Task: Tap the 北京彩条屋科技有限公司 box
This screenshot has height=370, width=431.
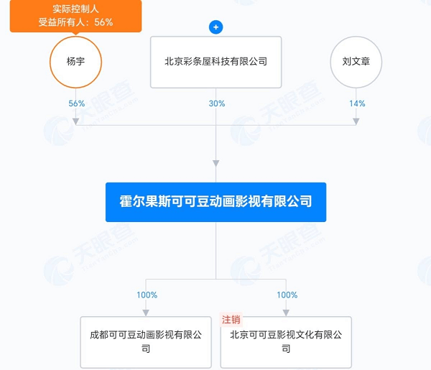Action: coord(215,62)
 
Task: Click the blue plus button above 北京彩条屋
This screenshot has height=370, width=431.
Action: coord(215,27)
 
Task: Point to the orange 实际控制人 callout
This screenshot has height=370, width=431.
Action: coord(75,17)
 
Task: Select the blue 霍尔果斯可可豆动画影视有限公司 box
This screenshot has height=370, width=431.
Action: coord(215,202)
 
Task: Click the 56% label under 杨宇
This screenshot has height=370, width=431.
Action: coord(76,103)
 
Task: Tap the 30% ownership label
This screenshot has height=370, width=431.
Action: coord(217,103)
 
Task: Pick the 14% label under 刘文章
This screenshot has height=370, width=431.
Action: coord(357,103)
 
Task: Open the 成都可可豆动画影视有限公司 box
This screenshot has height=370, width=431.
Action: coord(146,342)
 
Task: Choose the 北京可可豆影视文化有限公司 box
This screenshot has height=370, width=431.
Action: coord(286,342)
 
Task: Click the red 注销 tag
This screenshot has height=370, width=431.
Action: coord(231,320)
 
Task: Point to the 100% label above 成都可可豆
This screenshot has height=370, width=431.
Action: coord(147,295)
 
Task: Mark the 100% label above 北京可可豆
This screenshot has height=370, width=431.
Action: coord(287,295)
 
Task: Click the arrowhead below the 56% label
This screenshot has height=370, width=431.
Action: coord(76,121)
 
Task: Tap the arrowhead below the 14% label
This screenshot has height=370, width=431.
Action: coord(356,121)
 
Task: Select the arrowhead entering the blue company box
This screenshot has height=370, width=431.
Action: coord(215,163)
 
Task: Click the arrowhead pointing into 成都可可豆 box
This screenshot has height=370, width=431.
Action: coord(146,313)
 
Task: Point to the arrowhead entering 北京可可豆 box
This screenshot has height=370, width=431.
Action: coord(286,313)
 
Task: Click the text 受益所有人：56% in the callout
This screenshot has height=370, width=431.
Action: coord(75,22)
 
